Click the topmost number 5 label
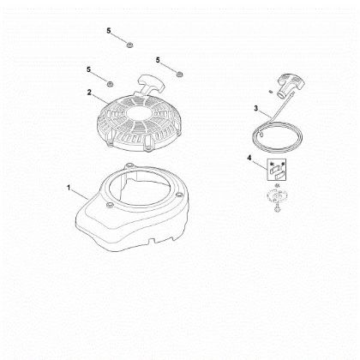coord(109,31)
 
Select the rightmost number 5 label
coord(159,59)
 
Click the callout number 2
coord(88,92)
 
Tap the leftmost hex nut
coord(111,82)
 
